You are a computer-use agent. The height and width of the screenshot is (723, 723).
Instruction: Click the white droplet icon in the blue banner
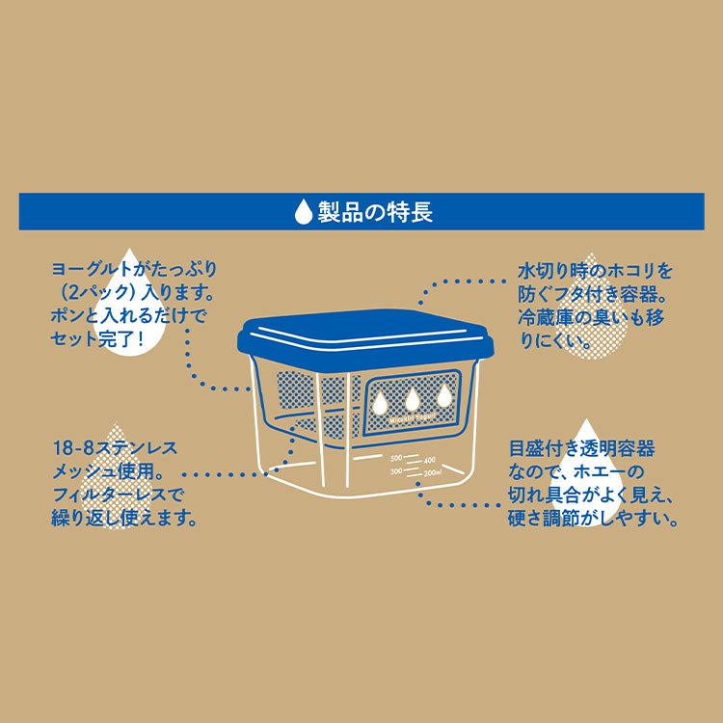coord(305,211)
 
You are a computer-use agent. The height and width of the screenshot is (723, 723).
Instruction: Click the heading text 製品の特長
coord(375,211)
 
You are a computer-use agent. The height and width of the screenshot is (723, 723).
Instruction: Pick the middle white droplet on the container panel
coord(413,397)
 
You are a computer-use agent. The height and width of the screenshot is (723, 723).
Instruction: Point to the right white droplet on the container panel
coord(444,395)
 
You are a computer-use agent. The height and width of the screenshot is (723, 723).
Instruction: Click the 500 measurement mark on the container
coord(394,457)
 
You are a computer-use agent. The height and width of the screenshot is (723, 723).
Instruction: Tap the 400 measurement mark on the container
coord(429,460)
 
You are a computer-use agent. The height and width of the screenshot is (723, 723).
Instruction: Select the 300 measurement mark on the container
coord(395,471)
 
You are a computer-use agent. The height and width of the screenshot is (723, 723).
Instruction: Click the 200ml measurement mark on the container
coord(431,473)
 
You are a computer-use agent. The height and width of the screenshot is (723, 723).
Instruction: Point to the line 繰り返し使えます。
coord(124,519)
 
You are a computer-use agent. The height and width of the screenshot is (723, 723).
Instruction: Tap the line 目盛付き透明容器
coord(581,449)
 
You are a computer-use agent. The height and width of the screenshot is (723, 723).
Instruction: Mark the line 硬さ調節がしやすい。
coord(592,519)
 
